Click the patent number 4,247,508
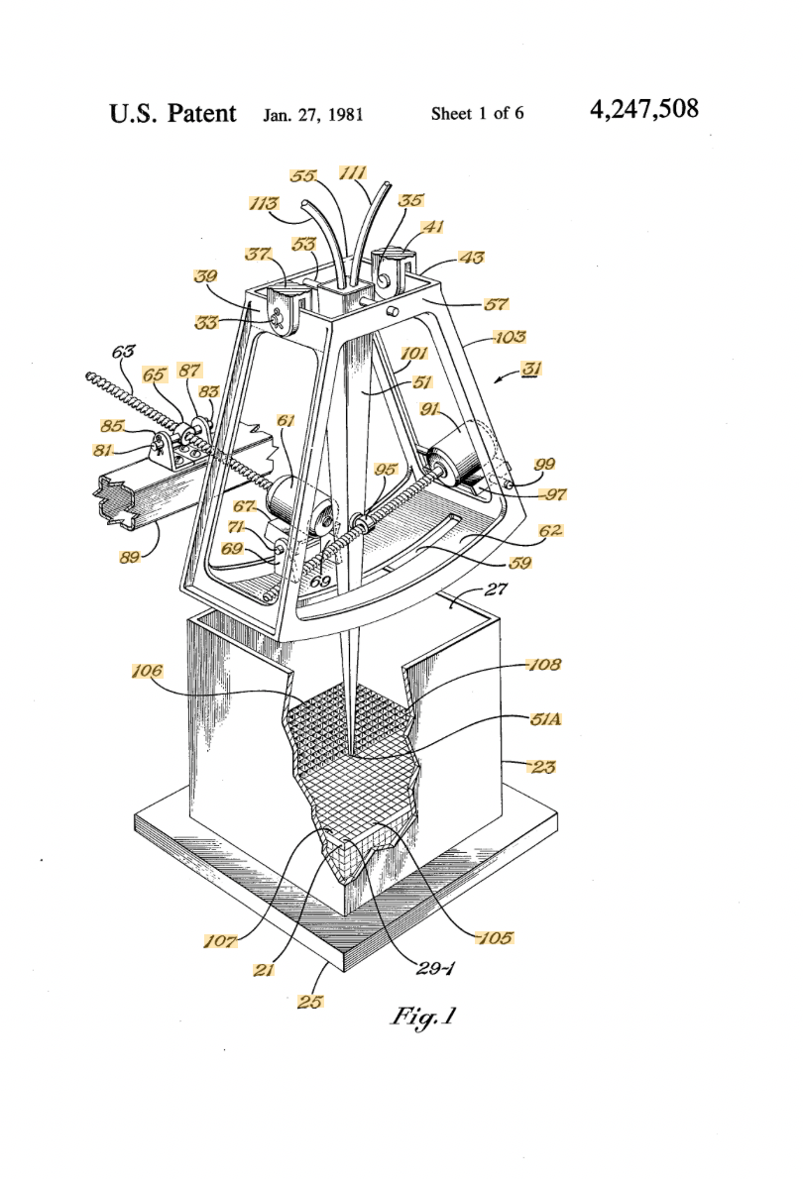pos(644,110)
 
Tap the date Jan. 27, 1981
pos(313,115)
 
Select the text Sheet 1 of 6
pos(477,114)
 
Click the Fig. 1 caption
pos(423,1017)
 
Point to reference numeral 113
pos(264,203)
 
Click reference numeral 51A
pos(545,719)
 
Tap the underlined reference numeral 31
pos(532,369)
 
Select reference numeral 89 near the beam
pos(130,557)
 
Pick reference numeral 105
pos(496,937)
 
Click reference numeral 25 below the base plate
pos(309,1002)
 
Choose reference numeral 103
pos(510,337)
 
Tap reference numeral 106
pos(147,671)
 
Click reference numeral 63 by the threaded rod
pos(123,351)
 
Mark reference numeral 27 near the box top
pos(496,589)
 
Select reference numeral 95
pos(386,470)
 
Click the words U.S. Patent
pos(172,114)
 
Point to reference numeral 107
pos(220,940)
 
